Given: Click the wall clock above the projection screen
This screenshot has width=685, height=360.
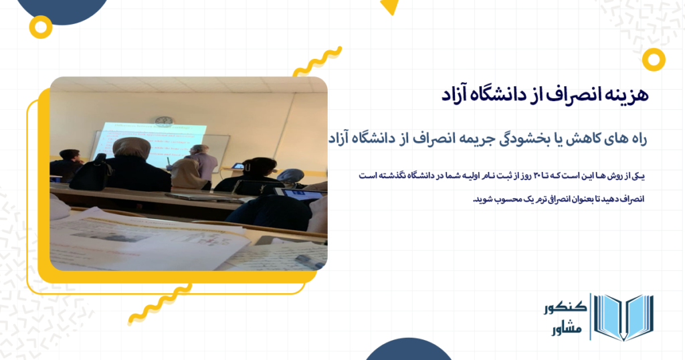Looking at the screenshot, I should [163, 121].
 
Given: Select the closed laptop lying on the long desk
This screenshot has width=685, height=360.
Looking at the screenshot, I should [201, 197].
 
